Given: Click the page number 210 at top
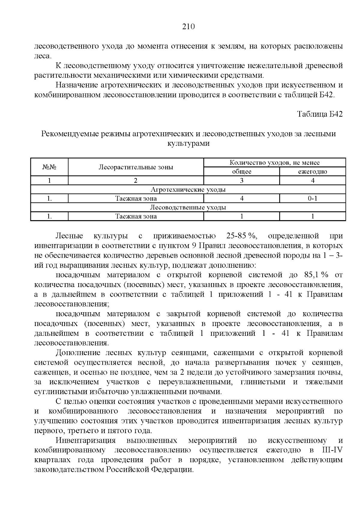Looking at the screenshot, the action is tap(188, 27).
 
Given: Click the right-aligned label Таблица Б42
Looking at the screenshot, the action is tap(319, 114).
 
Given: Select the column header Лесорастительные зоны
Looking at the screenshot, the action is tap(136, 167).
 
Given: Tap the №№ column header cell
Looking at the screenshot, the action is tap(49, 167).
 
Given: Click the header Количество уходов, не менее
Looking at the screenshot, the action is tap(274, 163).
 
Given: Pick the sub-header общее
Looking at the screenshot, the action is tap(241, 172).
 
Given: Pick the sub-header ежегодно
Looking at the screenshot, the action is tap(312, 172).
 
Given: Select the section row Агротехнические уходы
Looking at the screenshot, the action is tap(188, 190).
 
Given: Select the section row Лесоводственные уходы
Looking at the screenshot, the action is tap(188, 207).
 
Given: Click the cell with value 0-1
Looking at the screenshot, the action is tap(312, 198).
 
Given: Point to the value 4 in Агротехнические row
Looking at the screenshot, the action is tap(241, 198).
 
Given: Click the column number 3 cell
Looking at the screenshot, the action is tap(241, 181).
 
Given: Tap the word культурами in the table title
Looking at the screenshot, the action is tap(188, 143).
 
